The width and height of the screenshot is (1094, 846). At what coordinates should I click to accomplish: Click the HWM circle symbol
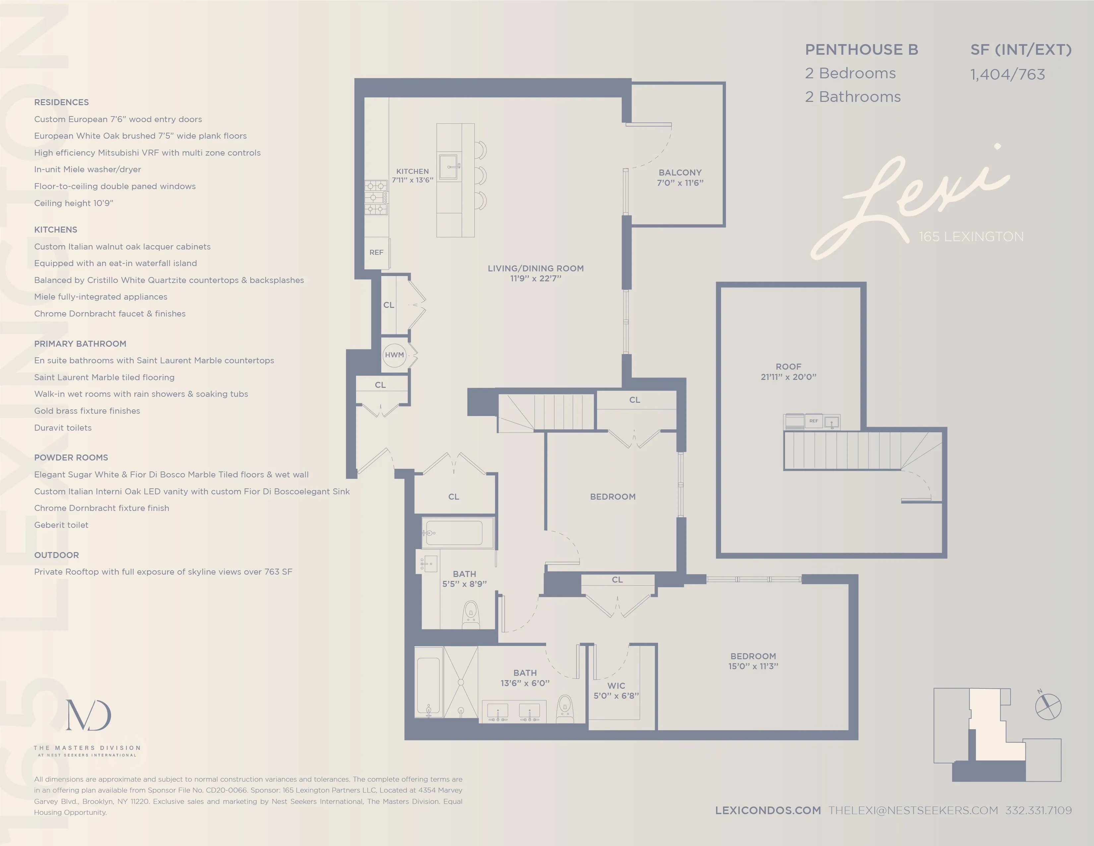pyautogui.click(x=394, y=355)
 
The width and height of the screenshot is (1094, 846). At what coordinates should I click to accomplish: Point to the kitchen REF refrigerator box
pyautogui.click(x=376, y=252)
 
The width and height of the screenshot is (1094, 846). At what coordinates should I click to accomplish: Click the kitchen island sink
pyautogui.click(x=449, y=167)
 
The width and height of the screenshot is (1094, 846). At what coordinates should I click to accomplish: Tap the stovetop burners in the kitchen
pyautogui.click(x=376, y=197)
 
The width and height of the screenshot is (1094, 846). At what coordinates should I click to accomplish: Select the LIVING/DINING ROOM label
pyautogui.click(x=535, y=273)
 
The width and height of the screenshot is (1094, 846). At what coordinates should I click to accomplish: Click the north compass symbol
pyautogui.click(x=1048, y=707)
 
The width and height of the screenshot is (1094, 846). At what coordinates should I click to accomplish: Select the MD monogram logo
pyautogui.click(x=88, y=715)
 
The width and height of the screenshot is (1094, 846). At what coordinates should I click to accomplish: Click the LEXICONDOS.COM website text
pyautogui.click(x=767, y=811)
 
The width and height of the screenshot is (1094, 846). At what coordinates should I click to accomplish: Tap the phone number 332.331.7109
pyautogui.click(x=1038, y=811)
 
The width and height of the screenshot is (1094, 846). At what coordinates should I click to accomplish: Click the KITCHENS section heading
pyautogui.click(x=56, y=230)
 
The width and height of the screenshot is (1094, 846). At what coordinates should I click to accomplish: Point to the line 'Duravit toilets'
pyautogui.click(x=63, y=428)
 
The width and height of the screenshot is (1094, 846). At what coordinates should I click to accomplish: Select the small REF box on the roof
pyautogui.click(x=814, y=421)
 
